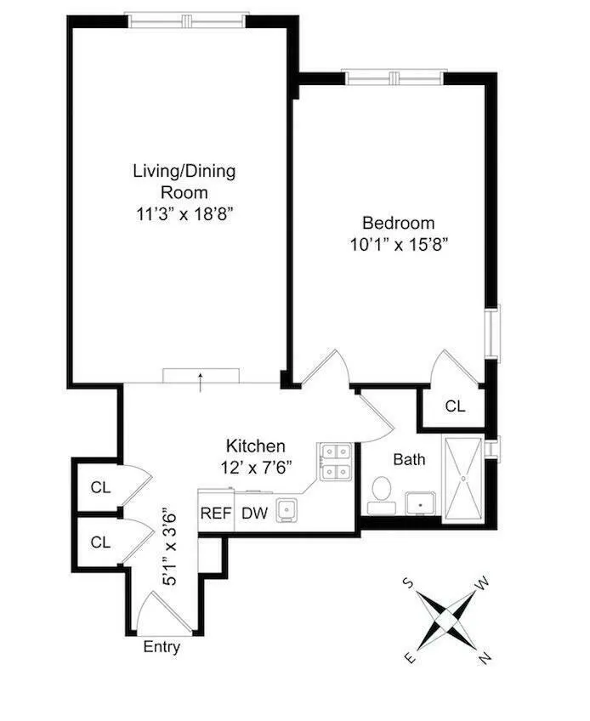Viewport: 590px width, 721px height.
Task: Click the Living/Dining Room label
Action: click(x=184, y=181)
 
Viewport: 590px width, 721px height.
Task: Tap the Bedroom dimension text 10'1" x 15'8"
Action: click(x=399, y=244)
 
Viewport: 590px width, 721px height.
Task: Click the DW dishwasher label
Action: click(x=252, y=513)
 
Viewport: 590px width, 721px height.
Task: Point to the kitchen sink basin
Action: click(x=287, y=510)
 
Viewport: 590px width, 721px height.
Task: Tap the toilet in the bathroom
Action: click(x=380, y=492)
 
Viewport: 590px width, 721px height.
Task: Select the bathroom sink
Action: click(x=420, y=503)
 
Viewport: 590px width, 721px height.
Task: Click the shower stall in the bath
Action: click(x=462, y=477)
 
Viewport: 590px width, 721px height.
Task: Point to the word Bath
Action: click(x=409, y=459)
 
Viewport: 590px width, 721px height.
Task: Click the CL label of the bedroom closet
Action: click(x=456, y=406)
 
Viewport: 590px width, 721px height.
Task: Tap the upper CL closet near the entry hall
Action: click(x=100, y=487)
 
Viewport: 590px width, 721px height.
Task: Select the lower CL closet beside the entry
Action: click(x=100, y=541)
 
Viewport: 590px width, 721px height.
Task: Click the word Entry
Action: click(x=162, y=647)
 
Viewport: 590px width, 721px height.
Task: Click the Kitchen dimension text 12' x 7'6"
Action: click(x=255, y=467)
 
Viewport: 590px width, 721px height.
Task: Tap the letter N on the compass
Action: click(x=484, y=657)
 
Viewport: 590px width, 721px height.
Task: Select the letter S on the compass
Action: click(x=408, y=582)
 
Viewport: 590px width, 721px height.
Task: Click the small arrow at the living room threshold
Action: click(x=201, y=379)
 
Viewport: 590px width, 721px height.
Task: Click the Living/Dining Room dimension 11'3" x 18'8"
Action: click(x=184, y=213)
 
